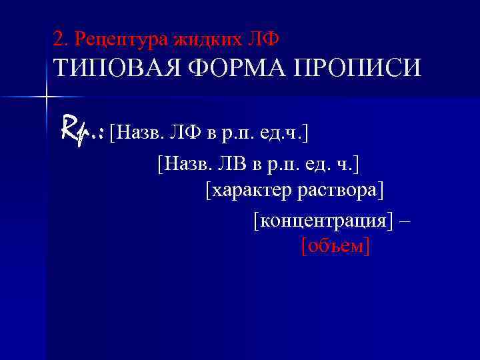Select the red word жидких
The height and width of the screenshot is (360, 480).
coord(207,39)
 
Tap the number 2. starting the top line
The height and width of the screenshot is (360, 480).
coord(61,39)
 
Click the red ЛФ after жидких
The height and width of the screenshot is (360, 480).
coord(263,39)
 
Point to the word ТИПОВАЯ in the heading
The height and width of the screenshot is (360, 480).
coord(115,69)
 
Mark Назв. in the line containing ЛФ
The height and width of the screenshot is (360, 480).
coord(137,132)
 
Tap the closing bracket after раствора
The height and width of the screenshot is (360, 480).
coord(381,191)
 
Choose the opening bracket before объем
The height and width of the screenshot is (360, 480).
coord(304,246)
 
